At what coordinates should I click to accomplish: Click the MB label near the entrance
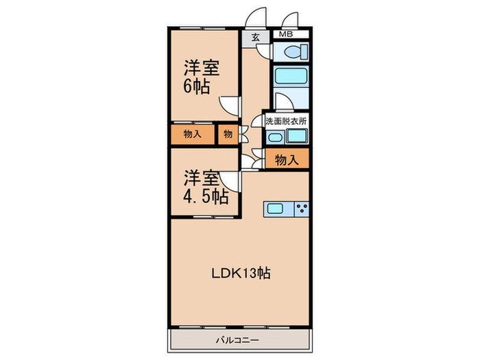tap(284, 34)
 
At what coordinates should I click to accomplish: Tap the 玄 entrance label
tap(255, 38)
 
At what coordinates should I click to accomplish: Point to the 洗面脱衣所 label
tap(286, 121)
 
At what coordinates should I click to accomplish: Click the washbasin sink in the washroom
tap(274, 137)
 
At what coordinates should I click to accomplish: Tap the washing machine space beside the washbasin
tap(296, 137)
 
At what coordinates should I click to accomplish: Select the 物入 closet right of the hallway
tap(287, 160)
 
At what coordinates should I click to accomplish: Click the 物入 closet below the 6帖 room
tap(192, 134)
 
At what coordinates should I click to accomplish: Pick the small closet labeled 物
tap(226, 134)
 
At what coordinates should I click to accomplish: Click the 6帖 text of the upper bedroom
tap(196, 87)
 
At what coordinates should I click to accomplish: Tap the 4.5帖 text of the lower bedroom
tap(205, 197)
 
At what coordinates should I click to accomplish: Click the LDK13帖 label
tap(241, 273)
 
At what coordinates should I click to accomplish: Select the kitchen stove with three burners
tap(302, 208)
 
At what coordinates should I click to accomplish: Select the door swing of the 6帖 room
tap(230, 105)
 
